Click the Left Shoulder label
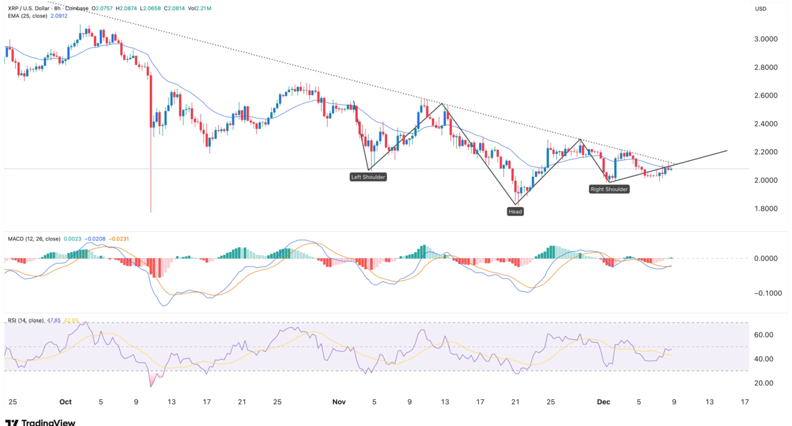[x=369, y=177]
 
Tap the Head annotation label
[x=515, y=211]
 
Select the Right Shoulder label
[x=609, y=189]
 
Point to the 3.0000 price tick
[x=765, y=39]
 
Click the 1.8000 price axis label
[x=765, y=208]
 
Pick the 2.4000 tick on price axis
[x=765, y=124]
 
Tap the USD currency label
[x=761, y=9]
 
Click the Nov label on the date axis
[x=339, y=402]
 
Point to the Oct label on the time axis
[x=66, y=402]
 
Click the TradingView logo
[x=40, y=422]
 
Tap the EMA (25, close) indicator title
[x=25, y=16]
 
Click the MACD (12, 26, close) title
[x=34, y=239]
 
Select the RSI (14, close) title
[x=24, y=320]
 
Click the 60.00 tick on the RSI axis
[x=764, y=335]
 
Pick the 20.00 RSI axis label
[x=764, y=383]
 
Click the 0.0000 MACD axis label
[x=765, y=258]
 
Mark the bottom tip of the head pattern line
[x=515, y=203]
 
